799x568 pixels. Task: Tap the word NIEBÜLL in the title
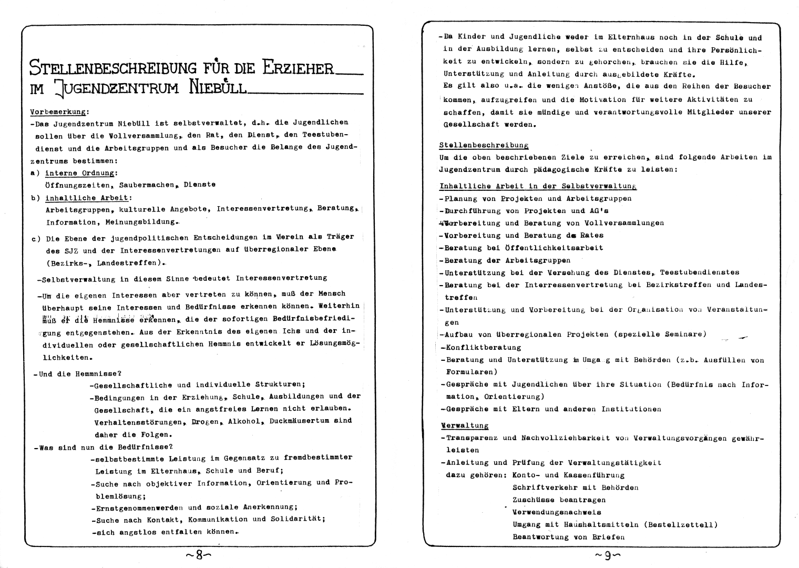coord(218,88)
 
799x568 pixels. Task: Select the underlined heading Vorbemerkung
coord(59,111)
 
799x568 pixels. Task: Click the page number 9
coord(607,555)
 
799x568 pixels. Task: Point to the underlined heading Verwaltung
coord(464,425)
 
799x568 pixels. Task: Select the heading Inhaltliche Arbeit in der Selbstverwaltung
coord(538,186)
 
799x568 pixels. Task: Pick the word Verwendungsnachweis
coord(557,512)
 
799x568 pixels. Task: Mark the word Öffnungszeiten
coord(78,185)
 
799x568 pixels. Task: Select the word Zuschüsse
coord(533,500)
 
